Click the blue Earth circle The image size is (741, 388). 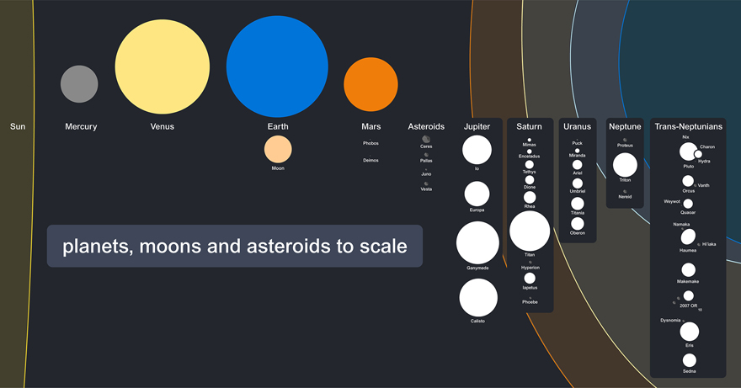point(277,66)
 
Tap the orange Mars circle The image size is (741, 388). point(370,84)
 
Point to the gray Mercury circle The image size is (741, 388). point(79,84)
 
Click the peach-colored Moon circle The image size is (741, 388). point(278,149)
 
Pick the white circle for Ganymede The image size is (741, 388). point(477,242)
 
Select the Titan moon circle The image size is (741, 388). point(530,231)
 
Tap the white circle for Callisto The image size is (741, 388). point(478,298)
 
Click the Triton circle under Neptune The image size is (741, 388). point(625,165)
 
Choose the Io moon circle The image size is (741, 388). point(477,150)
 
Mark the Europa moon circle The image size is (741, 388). point(477,194)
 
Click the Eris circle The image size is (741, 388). point(690,331)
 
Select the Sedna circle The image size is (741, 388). point(690,360)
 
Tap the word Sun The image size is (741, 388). point(18,127)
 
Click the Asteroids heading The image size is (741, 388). point(426,127)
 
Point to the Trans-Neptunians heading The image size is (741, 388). point(689,127)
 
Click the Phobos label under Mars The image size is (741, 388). point(370,143)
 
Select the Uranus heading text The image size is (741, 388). point(578,127)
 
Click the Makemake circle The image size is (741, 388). point(688,269)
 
